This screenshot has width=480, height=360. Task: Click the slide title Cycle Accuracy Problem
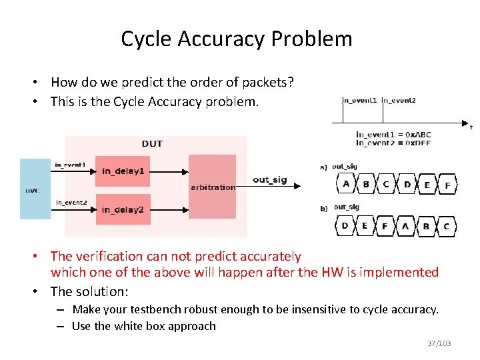236,39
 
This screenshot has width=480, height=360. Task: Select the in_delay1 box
123,171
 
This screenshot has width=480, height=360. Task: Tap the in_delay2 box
123,210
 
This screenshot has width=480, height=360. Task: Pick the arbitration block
213,186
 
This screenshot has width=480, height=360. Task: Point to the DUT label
152,143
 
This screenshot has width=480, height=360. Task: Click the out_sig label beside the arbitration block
269,180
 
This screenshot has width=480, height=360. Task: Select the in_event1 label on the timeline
359,101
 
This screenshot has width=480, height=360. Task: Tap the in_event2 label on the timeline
399,101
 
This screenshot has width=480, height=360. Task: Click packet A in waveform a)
346,185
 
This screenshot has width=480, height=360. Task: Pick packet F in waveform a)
447,185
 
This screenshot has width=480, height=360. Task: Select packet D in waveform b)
345,226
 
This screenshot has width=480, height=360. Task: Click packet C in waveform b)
446,227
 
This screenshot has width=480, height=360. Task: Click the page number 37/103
439,343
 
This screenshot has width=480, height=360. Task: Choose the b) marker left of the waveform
324,209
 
